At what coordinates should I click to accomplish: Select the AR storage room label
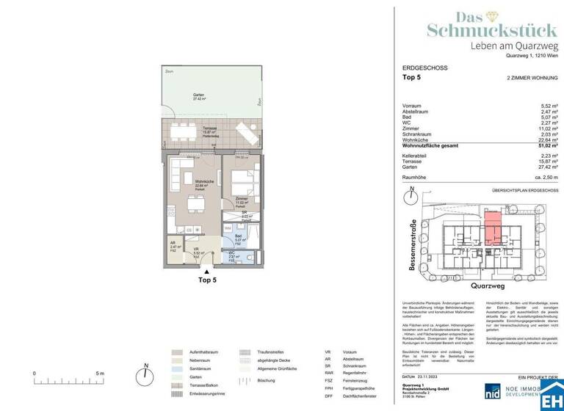173,246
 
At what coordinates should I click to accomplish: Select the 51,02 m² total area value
545,146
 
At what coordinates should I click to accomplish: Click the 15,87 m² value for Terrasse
545,163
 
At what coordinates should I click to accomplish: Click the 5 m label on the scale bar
98,374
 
